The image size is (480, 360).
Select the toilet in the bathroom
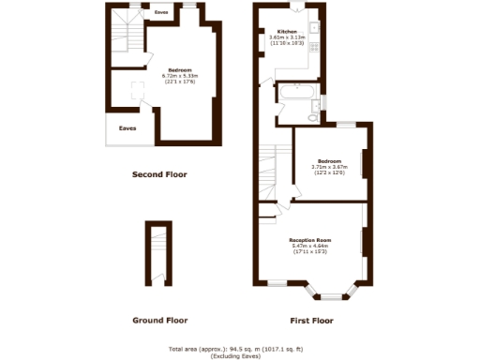[x=312, y=117]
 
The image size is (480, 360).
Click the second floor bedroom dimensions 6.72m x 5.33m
[x=181, y=76]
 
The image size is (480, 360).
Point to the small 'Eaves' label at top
[x=161, y=13]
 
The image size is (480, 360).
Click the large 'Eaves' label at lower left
[x=126, y=128]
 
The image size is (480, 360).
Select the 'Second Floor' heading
[x=159, y=174]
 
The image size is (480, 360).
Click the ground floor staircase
[x=157, y=250]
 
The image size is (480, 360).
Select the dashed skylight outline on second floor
[x=138, y=90]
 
